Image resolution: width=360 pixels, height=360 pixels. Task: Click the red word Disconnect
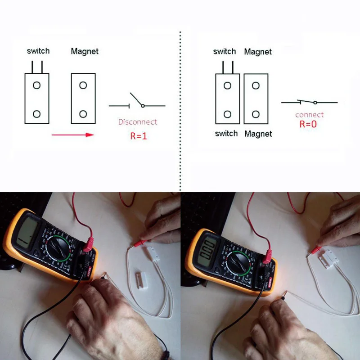point(137,121)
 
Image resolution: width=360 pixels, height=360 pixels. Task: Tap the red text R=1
point(139,135)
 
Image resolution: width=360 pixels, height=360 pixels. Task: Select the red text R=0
point(308,124)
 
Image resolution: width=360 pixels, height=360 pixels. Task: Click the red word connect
point(309,115)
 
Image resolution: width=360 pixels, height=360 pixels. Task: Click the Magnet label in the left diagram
point(84,51)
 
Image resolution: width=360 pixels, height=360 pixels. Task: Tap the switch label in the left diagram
point(38,51)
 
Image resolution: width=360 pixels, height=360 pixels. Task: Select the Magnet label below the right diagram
point(258,134)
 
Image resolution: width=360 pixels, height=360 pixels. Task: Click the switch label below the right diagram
point(226,133)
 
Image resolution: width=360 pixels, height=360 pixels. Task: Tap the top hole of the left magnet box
point(83,85)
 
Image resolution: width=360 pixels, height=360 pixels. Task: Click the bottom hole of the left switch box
point(37,114)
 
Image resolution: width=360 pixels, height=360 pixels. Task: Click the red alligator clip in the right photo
point(315,250)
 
